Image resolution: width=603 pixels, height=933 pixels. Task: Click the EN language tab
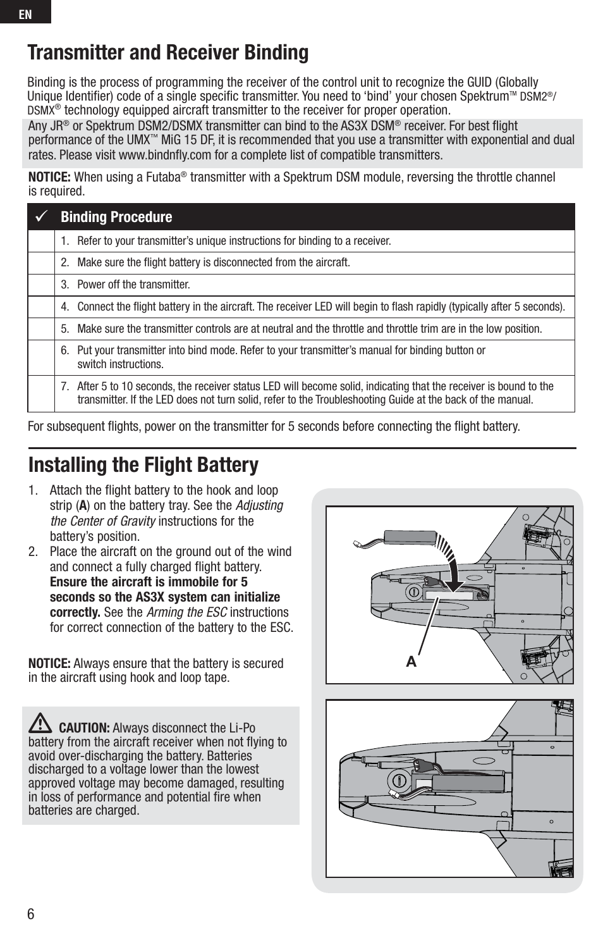(x=25, y=13)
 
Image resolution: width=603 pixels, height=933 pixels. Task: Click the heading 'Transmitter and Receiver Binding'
(x=167, y=53)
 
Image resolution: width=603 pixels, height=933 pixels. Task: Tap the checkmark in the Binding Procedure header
(x=42, y=217)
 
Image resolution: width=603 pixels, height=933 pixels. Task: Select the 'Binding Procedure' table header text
(x=116, y=217)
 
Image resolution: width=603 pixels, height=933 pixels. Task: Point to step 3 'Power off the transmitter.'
(x=133, y=285)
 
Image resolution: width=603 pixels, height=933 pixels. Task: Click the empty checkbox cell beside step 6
(x=41, y=357)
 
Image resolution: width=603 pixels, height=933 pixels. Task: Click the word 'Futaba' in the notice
(x=161, y=177)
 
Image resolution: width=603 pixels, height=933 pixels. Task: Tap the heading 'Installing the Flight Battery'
(x=143, y=465)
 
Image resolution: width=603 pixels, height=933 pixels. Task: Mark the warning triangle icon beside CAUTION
(x=41, y=723)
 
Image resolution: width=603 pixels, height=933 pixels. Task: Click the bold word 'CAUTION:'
(x=84, y=728)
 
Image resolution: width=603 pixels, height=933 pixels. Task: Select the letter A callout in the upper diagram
(x=411, y=662)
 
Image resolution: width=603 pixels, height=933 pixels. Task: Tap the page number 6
(x=31, y=914)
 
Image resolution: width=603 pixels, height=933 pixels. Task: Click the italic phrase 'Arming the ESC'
(x=186, y=612)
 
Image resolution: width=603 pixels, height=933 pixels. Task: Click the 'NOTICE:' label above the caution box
(x=49, y=664)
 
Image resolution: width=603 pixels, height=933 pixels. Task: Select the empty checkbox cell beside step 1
(x=41, y=241)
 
